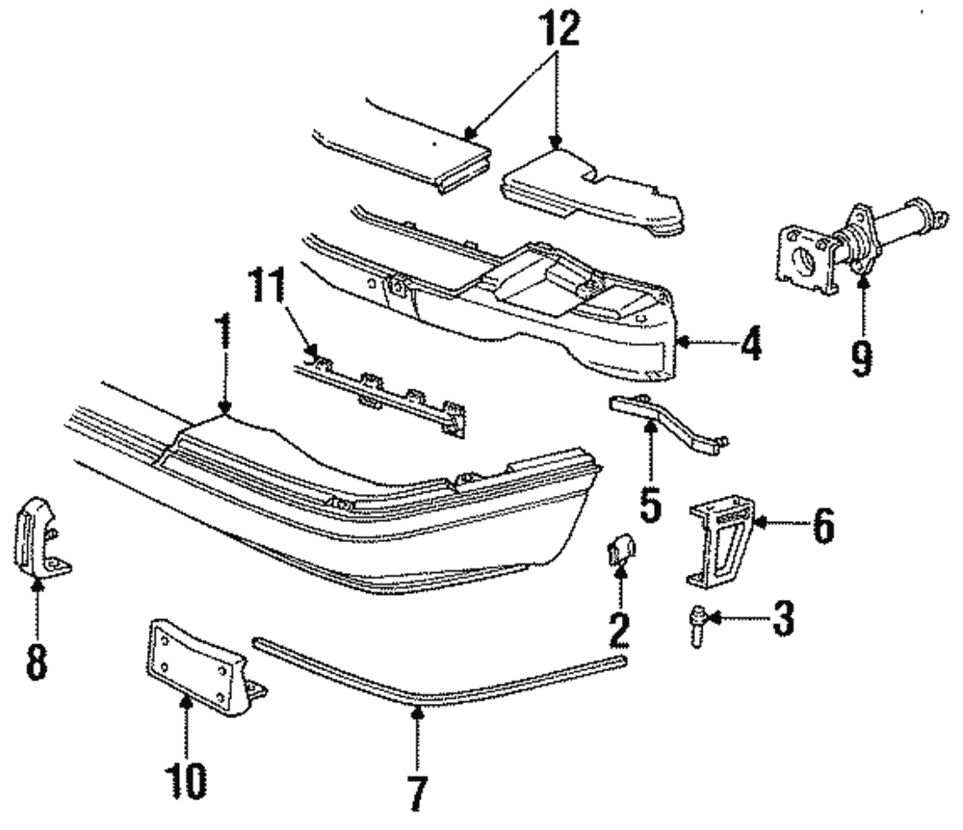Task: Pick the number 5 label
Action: pos(652,502)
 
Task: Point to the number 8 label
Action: pos(37,661)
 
